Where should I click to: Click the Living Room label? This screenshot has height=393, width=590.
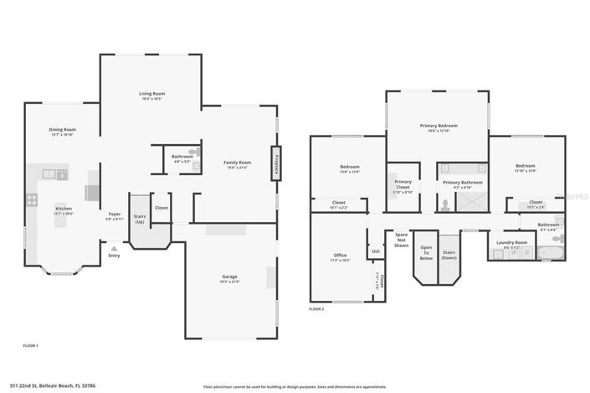tap(151, 93)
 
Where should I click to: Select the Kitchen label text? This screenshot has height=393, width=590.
tap(64, 208)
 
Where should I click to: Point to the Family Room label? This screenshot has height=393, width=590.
tap(237, 162)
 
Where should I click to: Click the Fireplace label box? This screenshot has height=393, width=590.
tap(275, 161)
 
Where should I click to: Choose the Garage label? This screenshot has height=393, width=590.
tap(229, 277)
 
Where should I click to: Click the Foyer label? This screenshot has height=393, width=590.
tap(114, 214)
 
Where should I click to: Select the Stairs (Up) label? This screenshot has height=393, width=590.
tap(138, 216)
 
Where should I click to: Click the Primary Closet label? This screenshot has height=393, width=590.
tap(403, 184)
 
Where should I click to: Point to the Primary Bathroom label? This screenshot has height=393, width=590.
tap(463, 182)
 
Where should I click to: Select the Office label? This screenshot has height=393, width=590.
tap(340, 256)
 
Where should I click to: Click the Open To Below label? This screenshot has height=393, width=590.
tap(426, 252)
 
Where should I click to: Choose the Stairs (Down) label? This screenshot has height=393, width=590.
tap(449, 254)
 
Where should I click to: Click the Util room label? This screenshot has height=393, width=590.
tap(376, 250)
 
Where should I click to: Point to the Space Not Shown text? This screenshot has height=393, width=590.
tap(402, 240)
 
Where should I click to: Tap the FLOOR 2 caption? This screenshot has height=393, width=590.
tap(316, 309)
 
